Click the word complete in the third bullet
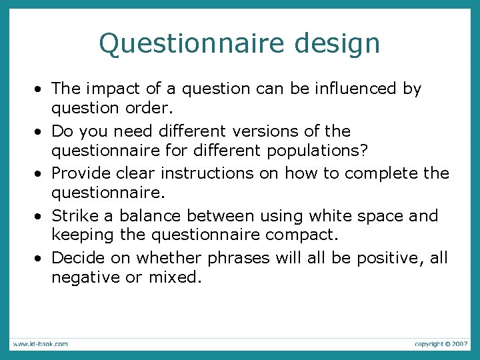coord(375,173)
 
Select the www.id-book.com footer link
coord(39,344)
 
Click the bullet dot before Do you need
coord(41,131)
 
